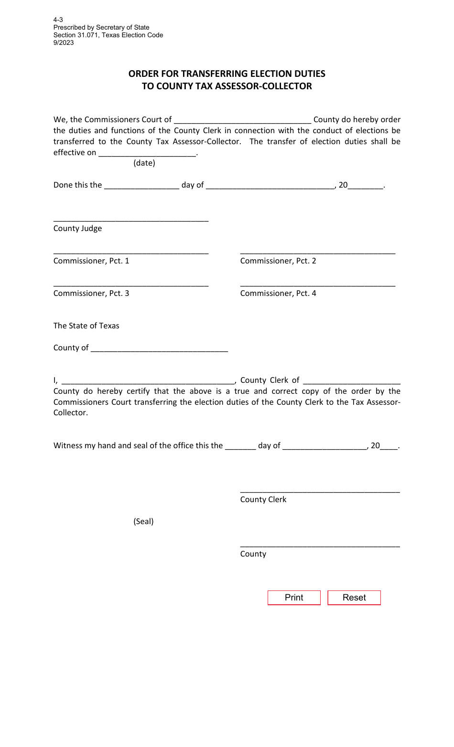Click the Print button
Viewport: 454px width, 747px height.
(x=294, y=598)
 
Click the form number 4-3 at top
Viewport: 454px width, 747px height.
(x=58, y=20)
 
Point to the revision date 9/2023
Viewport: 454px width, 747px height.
(x=64, y=42)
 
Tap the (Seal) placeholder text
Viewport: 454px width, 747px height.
(x=143, y=521)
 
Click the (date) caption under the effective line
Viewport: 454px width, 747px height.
(x=144, y=163)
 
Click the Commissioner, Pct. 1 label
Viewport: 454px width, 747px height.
(x=91, y=261)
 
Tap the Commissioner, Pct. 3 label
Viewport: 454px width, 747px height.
(x=91, y=293)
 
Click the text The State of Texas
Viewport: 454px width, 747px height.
(x=86, y=326)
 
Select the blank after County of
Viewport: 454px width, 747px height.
(x=159, y=348)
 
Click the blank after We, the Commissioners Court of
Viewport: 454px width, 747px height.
(x=243, y=120)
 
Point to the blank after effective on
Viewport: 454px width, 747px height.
(x=147, y=153)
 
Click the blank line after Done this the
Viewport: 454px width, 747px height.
(x=141, y=185)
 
